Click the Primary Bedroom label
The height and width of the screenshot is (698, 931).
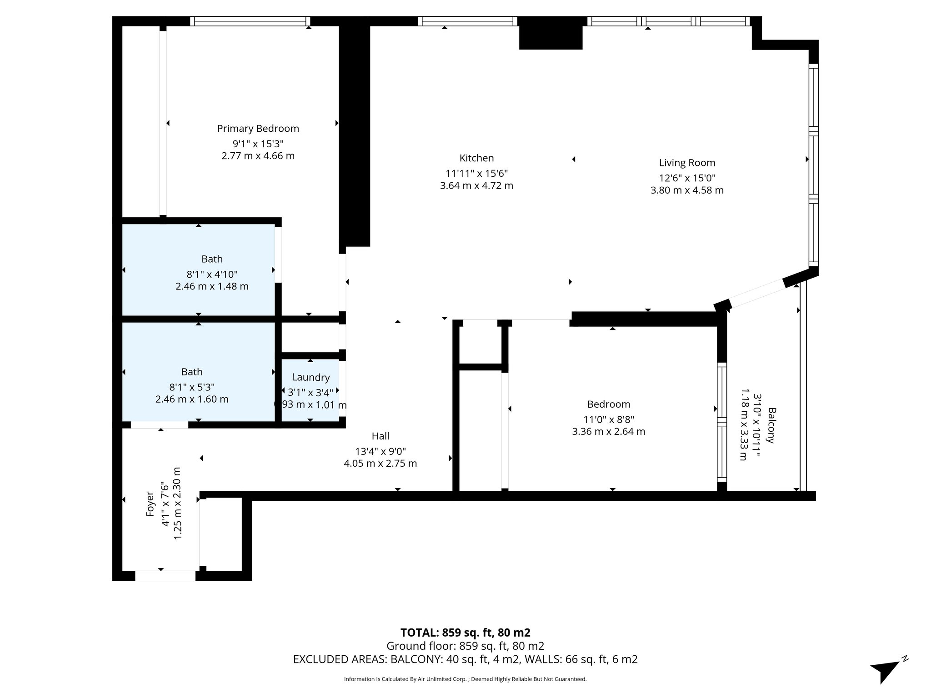pos(258,129)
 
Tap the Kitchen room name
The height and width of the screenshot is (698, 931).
pos(476,158)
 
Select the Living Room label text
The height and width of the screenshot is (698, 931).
pos(687,163)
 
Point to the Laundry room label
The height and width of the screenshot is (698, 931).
pos(310,377)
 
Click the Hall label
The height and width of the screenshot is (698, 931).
pos(380,436)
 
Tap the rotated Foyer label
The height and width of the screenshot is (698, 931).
pos(150,504)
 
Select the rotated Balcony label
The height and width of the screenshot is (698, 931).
pos(771,425)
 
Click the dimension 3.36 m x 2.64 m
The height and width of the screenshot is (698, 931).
pos(608,432)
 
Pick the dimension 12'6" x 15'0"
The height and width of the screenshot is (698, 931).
pos(687,178)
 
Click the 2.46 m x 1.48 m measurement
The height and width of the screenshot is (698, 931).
pos(212,287)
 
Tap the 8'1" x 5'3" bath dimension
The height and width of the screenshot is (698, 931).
pos(192,387)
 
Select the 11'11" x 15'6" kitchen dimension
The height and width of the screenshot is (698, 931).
pos(476,174)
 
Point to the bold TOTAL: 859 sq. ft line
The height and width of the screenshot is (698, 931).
pos(465,633)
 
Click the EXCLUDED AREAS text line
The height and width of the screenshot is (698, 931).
pos(465,659)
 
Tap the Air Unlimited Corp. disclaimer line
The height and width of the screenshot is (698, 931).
pos(465,679)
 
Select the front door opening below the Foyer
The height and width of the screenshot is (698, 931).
pos(165,576)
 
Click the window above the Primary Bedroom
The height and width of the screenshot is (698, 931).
pos(250,21)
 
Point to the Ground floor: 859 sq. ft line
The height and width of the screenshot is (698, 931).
pos(465,646)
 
